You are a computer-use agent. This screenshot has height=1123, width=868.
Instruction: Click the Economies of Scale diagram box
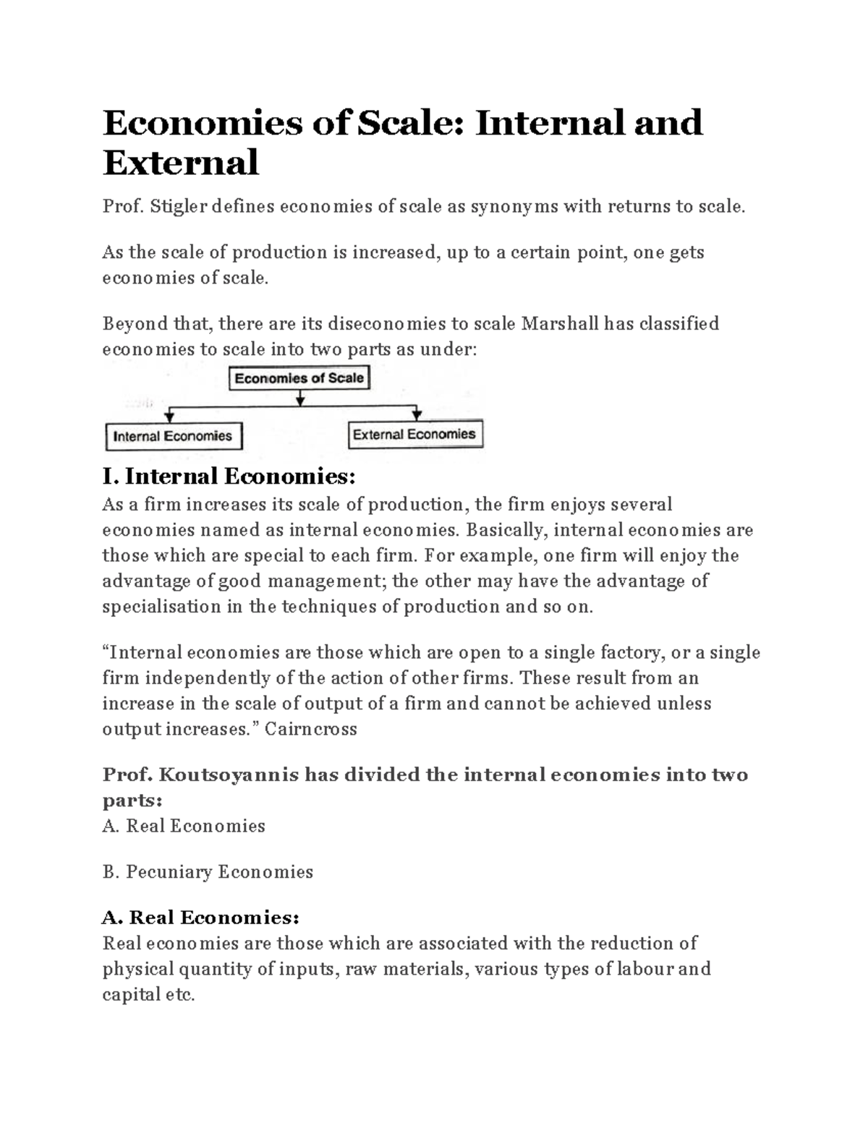(299, 378)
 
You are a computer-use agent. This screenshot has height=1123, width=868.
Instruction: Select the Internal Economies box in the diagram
(173, 436)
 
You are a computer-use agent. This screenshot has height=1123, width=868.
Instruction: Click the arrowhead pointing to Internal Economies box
(170, 417)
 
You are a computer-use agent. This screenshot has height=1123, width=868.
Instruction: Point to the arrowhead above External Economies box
(417, 415)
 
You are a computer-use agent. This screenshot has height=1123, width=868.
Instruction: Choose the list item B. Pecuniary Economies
(208, 872)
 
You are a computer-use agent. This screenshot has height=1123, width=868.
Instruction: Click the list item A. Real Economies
(184, 826)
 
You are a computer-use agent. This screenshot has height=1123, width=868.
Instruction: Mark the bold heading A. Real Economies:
(200, 918)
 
